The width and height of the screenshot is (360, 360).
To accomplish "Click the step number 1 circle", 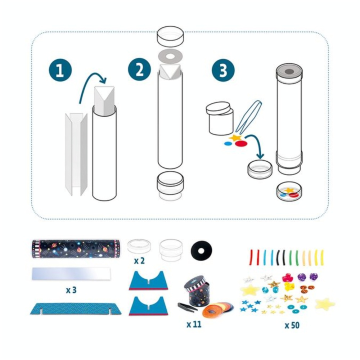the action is [x=60, y=70].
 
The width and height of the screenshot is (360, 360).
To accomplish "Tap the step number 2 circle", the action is [x=139, y=69].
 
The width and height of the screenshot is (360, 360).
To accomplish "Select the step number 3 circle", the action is [x=223, y=70].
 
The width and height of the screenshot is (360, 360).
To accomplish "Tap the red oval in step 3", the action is [x=241, y=143].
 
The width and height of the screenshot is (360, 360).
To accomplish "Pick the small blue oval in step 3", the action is [x=228, y=143].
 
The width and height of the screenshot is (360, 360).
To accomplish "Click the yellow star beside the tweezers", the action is [x=235, y=138].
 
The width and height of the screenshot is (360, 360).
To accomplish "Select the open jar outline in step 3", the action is [x=219, y=118].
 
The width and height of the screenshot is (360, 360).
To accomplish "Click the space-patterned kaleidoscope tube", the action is [x=76, y=249].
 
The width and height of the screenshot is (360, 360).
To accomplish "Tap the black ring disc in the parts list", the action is [x=201, y=250].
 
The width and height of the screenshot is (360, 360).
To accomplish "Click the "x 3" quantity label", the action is [x=71, y=290].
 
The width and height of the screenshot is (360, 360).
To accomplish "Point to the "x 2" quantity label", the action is [x=139, y=261].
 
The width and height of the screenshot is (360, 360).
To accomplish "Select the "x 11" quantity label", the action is [x=194, y=324].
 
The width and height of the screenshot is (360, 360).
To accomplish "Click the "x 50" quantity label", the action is [x=292, y=325].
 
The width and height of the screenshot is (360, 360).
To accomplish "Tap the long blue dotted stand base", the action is [x=76, y=308].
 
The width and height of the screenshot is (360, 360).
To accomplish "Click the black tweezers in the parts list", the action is [x=187, y=307].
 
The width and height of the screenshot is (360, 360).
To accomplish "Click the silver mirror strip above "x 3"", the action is [x=71, y=273].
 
